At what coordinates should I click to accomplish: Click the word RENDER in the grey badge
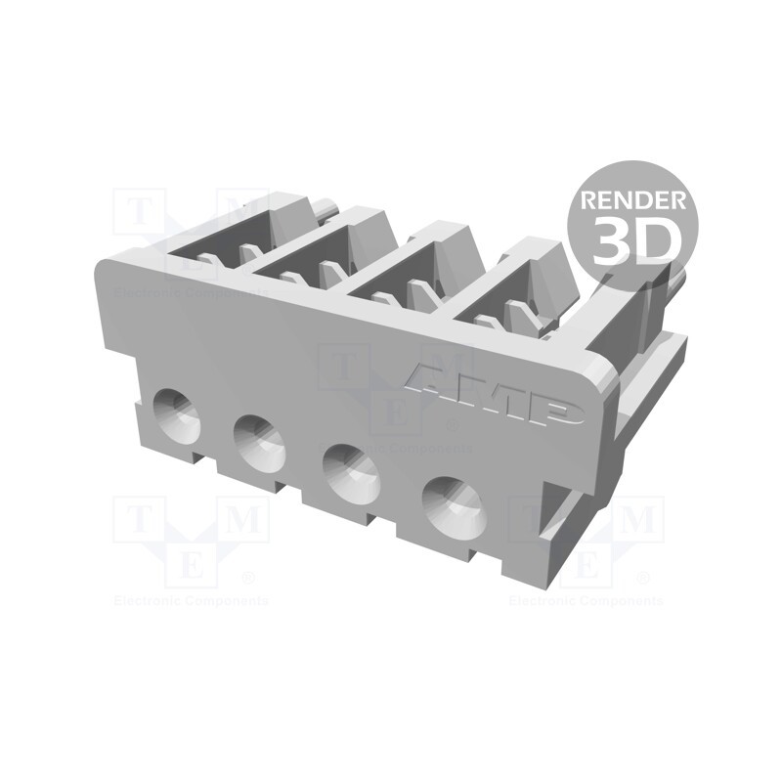[x=632, y=200]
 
